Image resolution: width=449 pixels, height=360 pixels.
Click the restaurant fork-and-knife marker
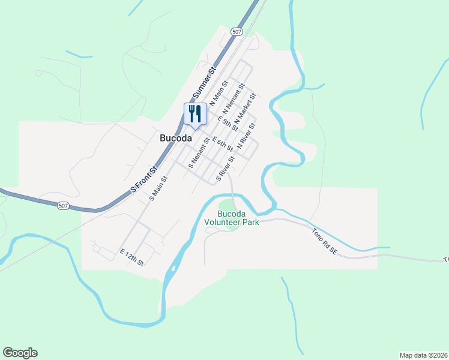[x=195, y=113]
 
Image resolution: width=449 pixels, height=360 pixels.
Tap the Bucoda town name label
[x=176, y=137]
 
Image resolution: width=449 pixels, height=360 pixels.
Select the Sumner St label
[x=205, y=83]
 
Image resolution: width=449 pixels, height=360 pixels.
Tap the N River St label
[x=247, y=136]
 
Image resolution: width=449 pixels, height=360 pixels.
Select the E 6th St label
[x=222, y=144]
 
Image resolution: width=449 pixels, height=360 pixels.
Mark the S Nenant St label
[x=199, y=154]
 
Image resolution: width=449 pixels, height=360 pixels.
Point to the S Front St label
[x=143, y=179]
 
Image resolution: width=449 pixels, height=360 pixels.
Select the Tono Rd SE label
[x=325, y=241]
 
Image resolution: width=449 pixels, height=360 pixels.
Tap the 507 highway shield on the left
[x=64, y=206]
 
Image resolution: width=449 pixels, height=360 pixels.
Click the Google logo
[x=20, y=353]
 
